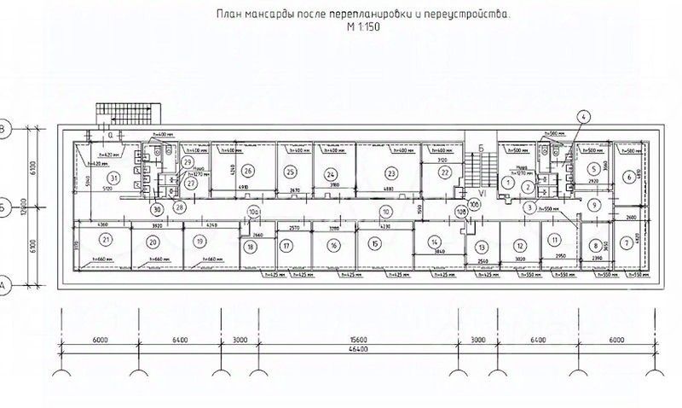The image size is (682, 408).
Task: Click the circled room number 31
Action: [x=113, y=178]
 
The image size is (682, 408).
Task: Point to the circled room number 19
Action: [x=199, y=242]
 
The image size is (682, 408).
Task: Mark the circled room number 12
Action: [x=518, y=245]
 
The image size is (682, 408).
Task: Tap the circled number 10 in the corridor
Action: [x=385, y=210]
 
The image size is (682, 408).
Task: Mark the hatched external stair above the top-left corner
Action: [x=126, y=113]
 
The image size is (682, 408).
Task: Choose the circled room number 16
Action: [x=334, y=245]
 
